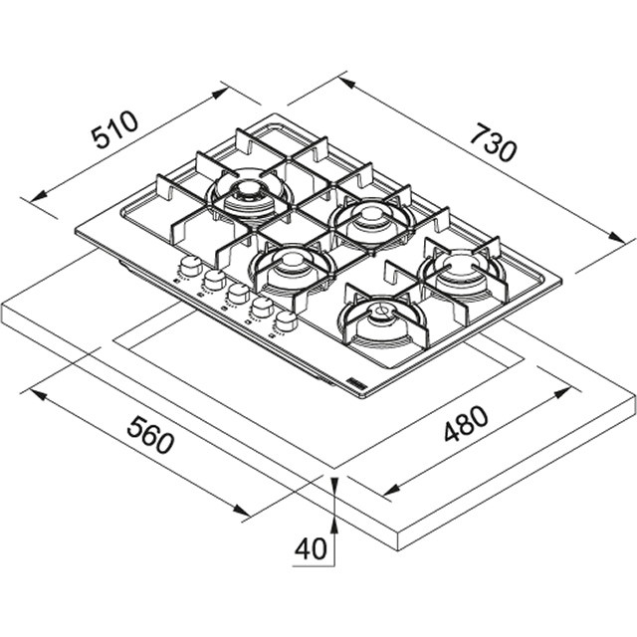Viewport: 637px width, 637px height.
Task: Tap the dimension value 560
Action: [x=151, y=434]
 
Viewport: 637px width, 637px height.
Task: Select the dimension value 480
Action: [x=466, y=425]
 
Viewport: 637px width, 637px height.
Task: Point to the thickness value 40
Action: [x=311, y=547]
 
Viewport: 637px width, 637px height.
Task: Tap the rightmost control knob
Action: [x=287, y=320]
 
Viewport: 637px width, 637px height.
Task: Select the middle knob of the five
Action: [x=238, y=294]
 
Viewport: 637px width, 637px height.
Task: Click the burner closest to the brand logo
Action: [x=381, y=318]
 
